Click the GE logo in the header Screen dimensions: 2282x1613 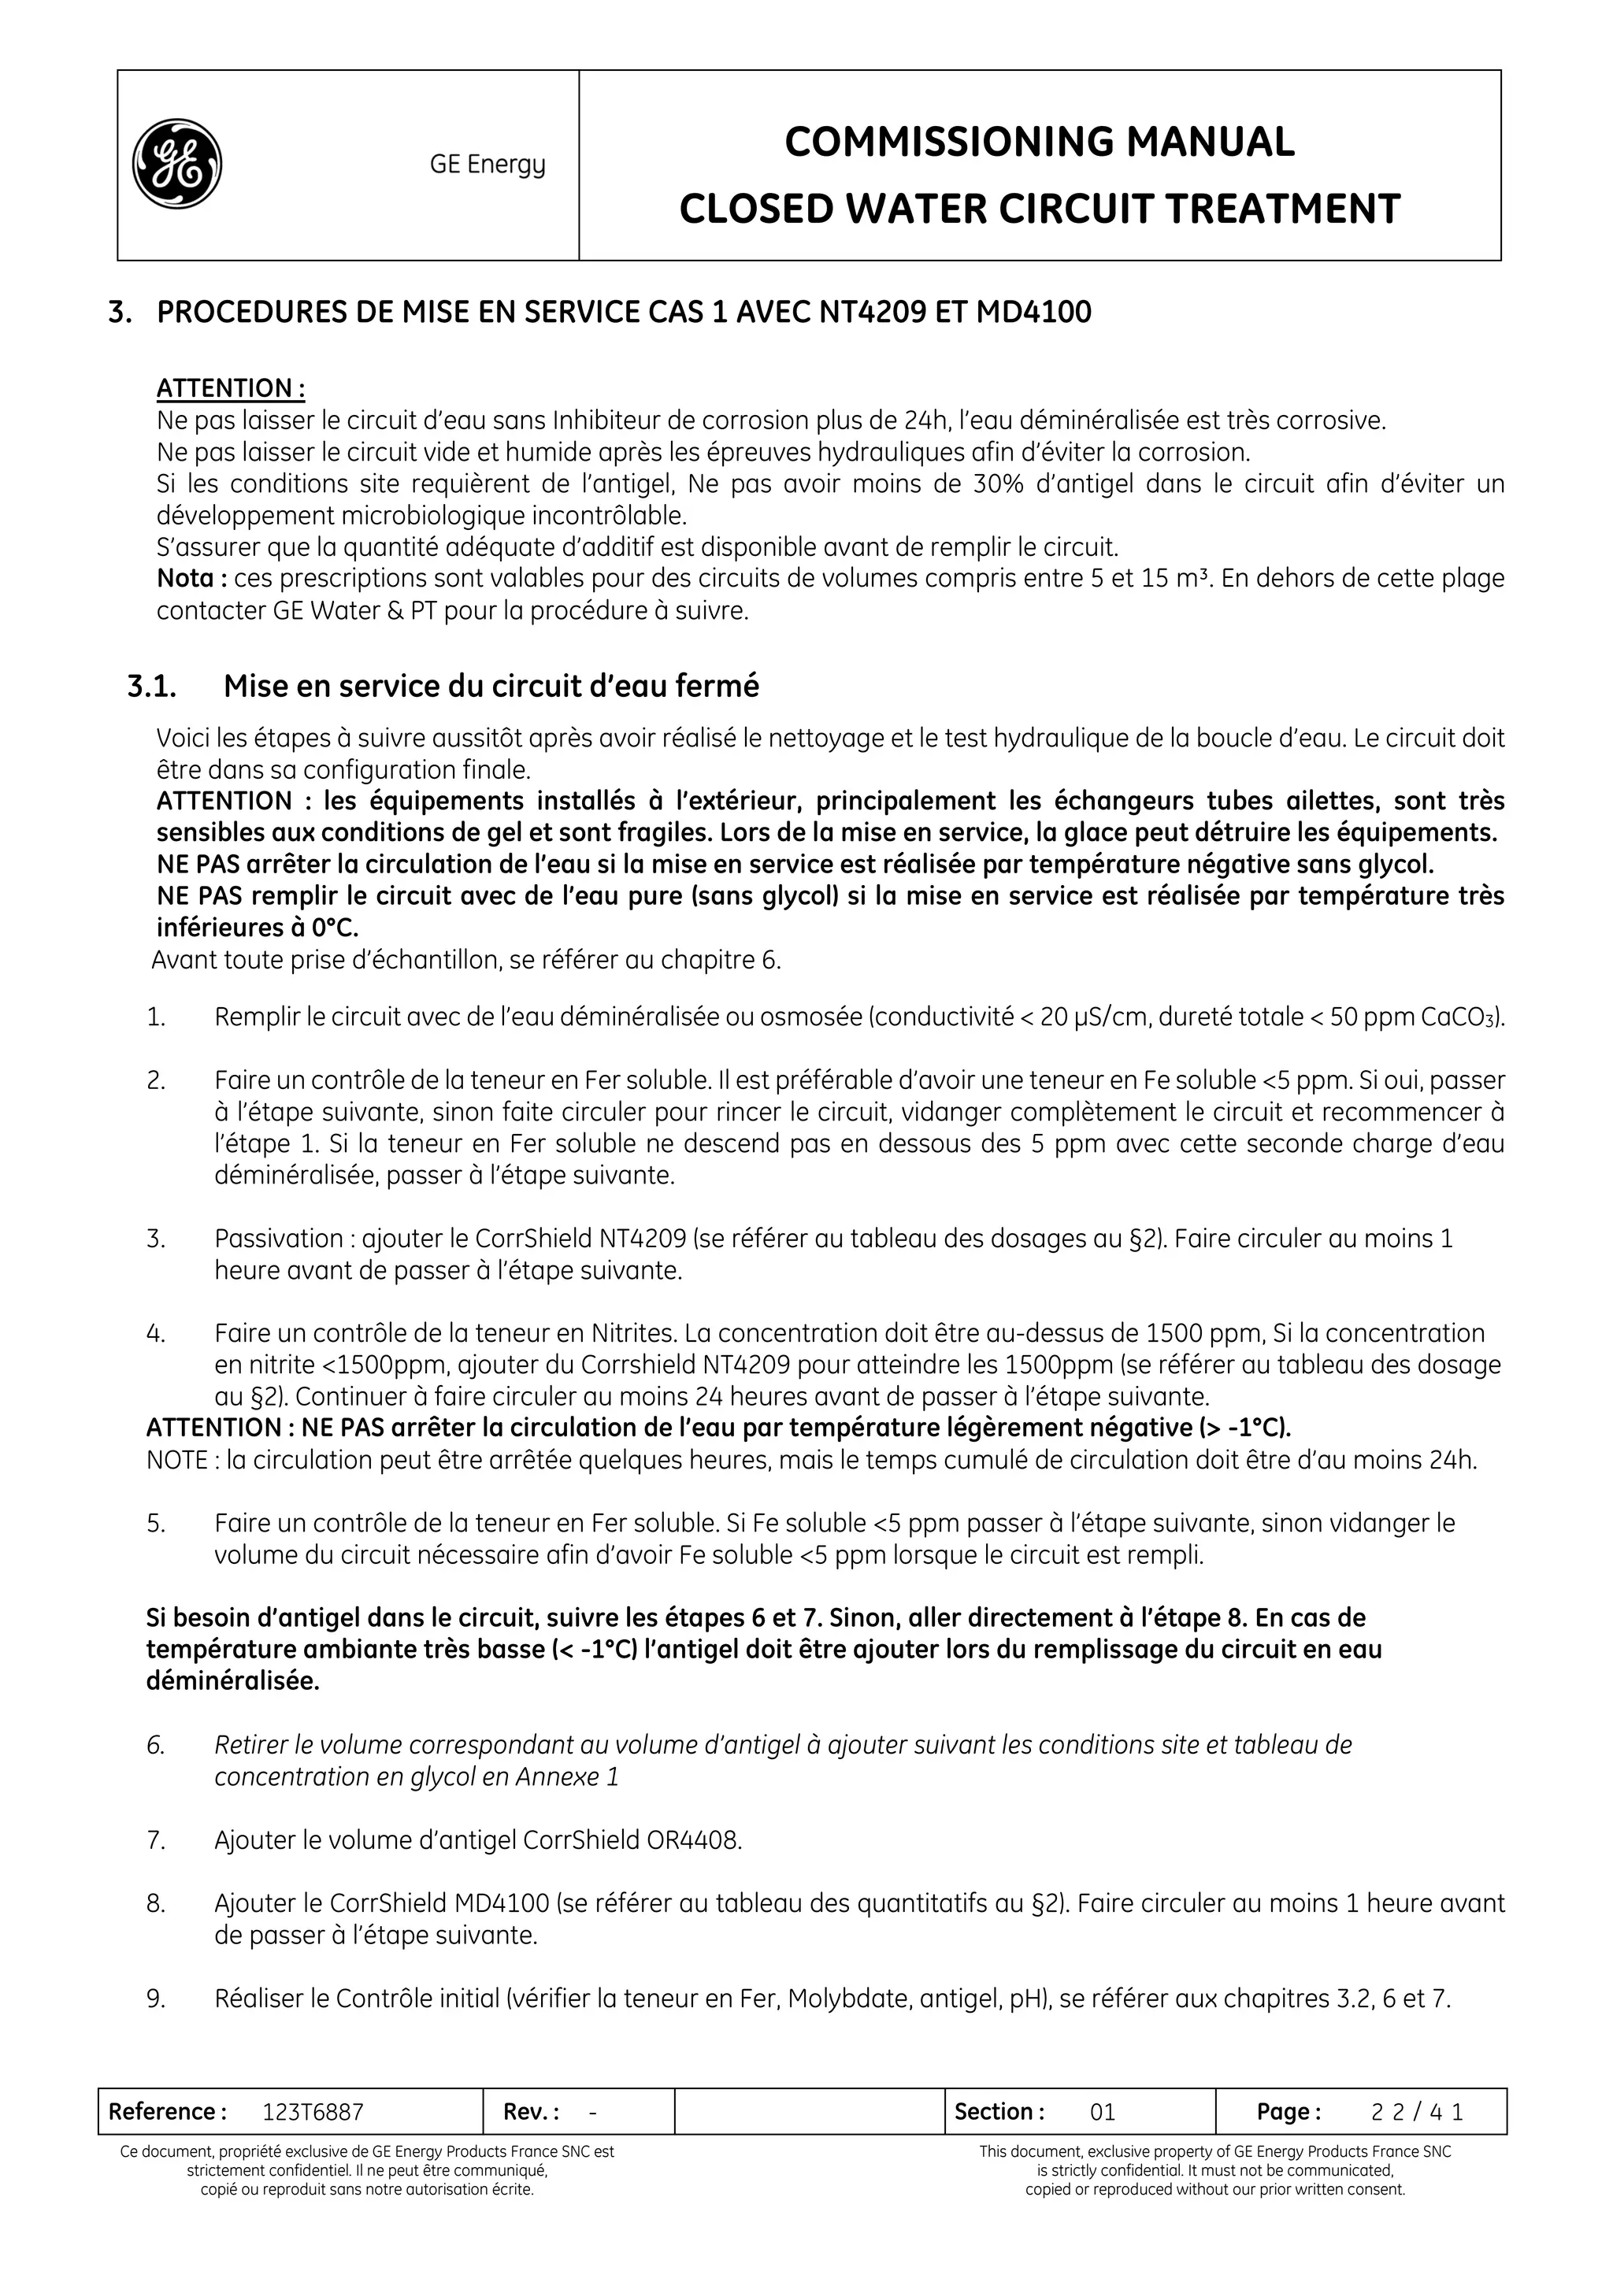click(177, 164)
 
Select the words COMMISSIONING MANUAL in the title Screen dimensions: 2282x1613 click(1039, 142)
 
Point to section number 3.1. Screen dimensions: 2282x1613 click(151, 686)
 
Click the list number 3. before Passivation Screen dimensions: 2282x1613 click(156, 1239)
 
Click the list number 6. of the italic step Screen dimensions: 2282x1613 click(155, 1745)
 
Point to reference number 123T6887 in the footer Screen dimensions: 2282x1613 click(313, 2112)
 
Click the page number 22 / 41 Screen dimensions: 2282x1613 click(1416, 2112)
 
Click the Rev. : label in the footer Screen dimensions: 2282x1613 click(531, 2112)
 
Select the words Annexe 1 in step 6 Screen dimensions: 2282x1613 click(566, 1777)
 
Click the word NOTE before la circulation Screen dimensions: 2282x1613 click(176, 1460)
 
